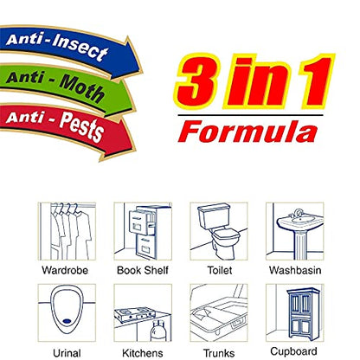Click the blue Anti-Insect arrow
tap(69, 49)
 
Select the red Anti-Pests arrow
tap(67, 127)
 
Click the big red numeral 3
tap(197, 81)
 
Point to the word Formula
tap(248, 132)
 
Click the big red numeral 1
tap(313, 81)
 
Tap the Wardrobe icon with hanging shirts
tap(67, 231)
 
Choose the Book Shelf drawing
tap(143, 231)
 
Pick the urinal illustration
tap(67, 313)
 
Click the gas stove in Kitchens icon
tap(134, 315)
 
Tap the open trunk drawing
tap(219, 313)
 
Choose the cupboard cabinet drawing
tap(303, 314)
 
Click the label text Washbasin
tap(295, 270)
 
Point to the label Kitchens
tap(143, 353)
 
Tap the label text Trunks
tap(219, 353)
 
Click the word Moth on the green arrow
tap(81, 87)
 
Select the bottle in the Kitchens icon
tap(157, 331)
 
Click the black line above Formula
tap(250, 115)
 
